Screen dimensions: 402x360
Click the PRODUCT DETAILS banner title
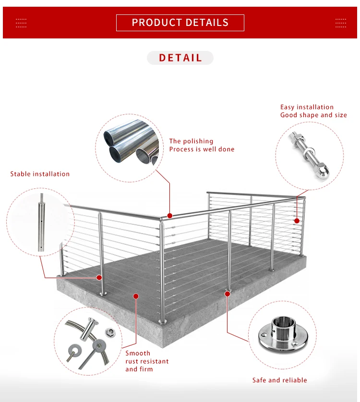click(180, 23)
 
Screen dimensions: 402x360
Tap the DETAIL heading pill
click(180, 58)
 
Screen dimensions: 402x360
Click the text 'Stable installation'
click(40, 174)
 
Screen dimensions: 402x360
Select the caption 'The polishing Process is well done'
click(202, 145)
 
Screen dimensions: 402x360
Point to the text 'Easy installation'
click(307, 107)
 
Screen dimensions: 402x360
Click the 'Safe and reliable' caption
click(280, 380)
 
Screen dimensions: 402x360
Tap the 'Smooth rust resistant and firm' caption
click(147, 361)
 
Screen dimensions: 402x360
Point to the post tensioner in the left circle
click(41, 221)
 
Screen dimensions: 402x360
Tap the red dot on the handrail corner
click(169, 216)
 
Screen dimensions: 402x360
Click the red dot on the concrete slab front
click(136, 296)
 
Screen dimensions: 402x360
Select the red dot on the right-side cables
click(297, 221)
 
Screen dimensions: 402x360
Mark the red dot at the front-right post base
click(227, 292)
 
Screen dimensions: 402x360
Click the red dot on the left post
click(100, 277)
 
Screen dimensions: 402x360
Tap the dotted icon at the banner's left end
click(21, 23)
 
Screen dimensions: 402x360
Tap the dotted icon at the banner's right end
click(340, 23)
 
